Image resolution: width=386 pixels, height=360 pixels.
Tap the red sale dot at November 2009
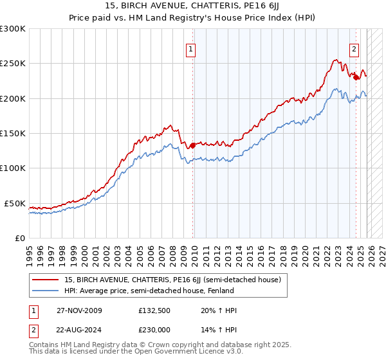tap(193, 145)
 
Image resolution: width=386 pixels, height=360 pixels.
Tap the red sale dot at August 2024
tap(356, 77)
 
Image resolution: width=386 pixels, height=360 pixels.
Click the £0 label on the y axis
tap(19, 238)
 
